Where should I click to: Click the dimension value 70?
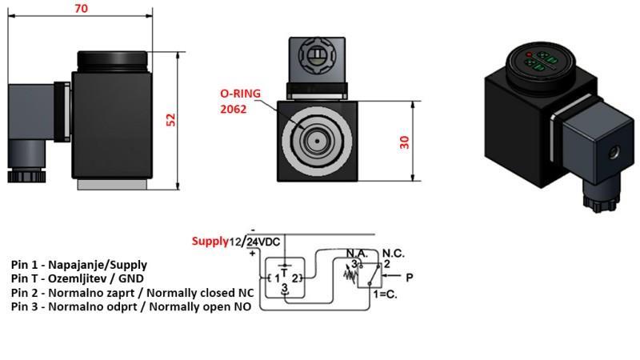pyautogui.click(x=80, y=9)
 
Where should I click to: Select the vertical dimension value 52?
pyautogui.click(x=170, y=118)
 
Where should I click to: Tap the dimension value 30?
pyautogui.click(x=405, y=141)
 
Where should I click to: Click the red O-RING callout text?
pyautogui.click(x=241, y=93)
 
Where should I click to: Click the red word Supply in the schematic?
pyautogui.click(x=210, y=241)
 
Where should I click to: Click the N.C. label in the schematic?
pyautogui.click(x=394, y=252)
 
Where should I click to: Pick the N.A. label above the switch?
pyautogui.click(x=356, y=253)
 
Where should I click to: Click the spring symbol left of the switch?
pyautogui.click(x=349, y=274)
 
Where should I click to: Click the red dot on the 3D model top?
pyautogui.click(x=530, y=54)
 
